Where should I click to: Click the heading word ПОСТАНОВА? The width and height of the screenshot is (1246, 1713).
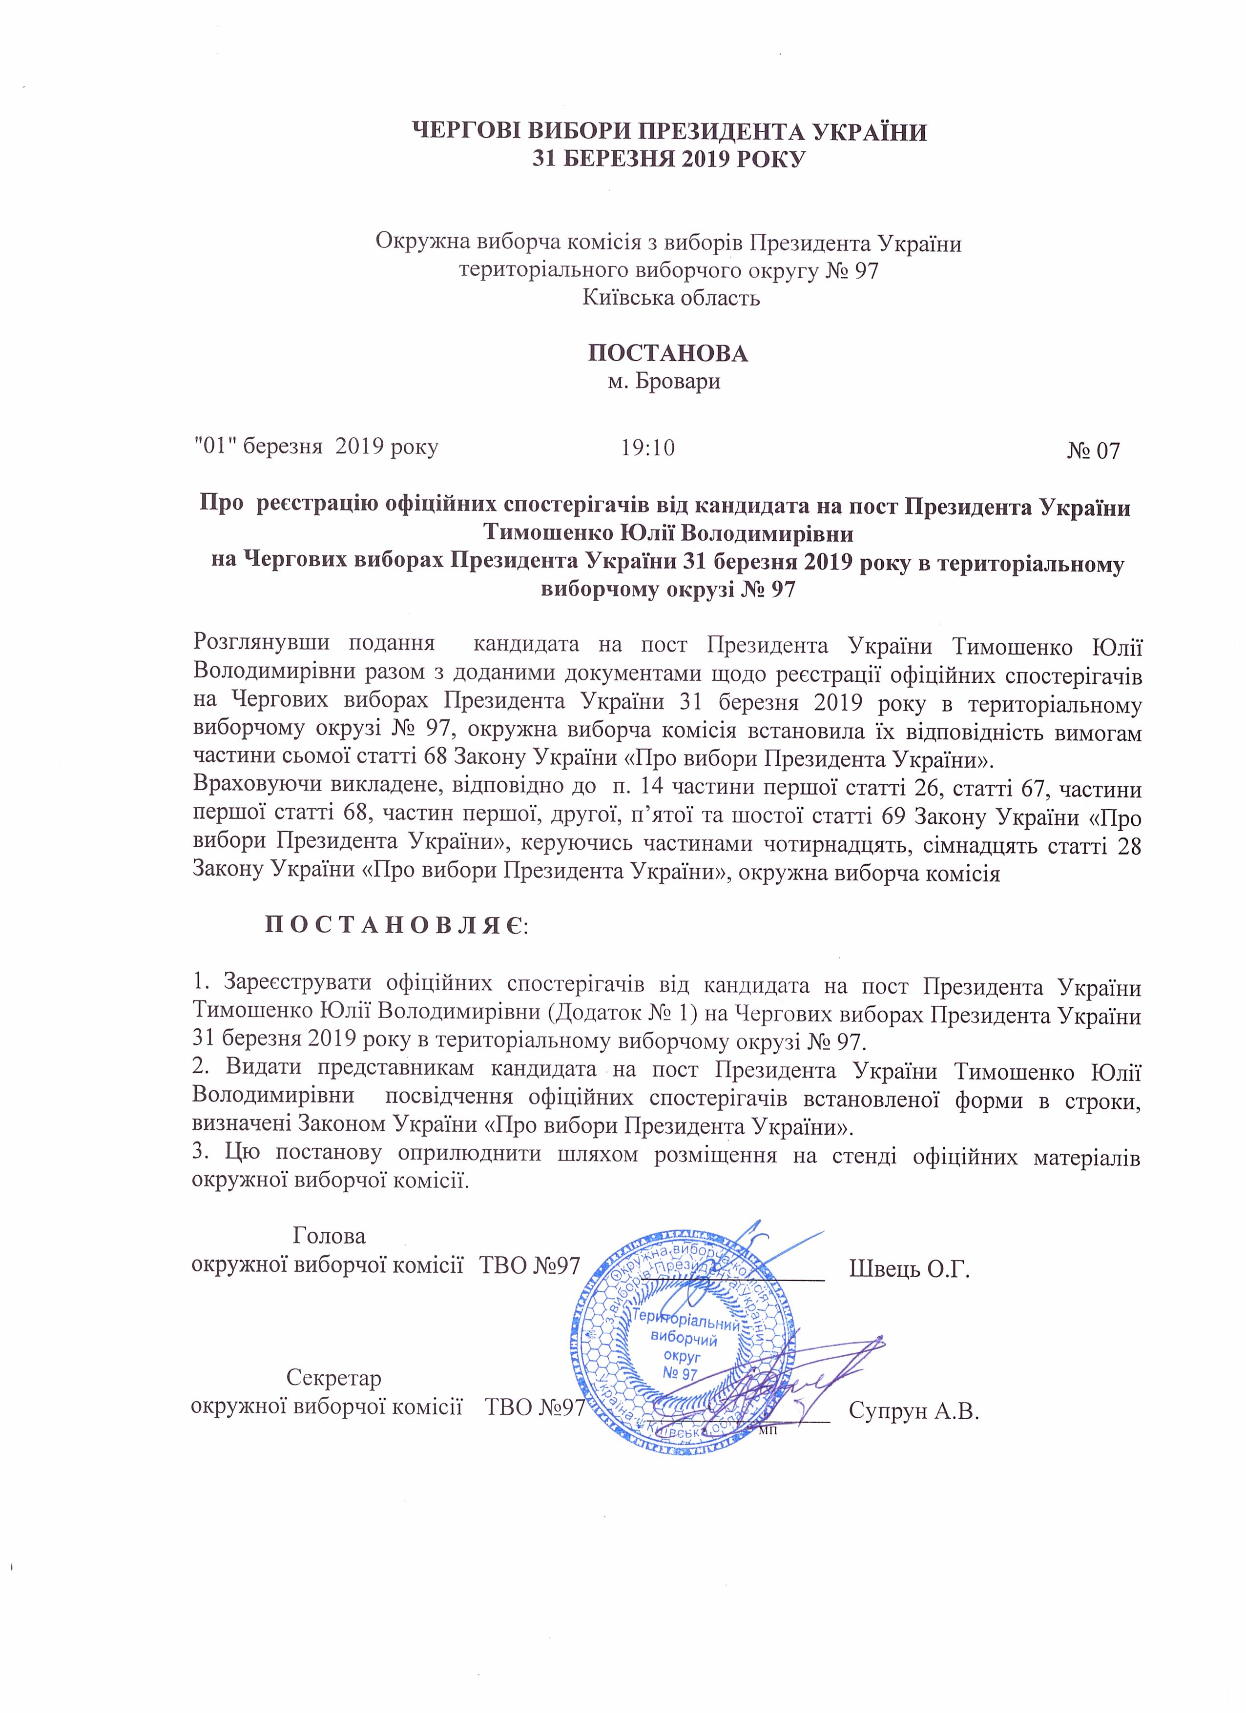click(x=667, y=353)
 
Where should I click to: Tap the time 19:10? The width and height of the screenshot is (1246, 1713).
click(x=647, y=448)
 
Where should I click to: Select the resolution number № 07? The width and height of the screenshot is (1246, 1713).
click(x=1093, y=451)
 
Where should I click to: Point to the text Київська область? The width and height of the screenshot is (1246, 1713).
click(x=671, y=298)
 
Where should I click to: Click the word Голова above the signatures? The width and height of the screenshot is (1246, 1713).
click(x=329, y=1236)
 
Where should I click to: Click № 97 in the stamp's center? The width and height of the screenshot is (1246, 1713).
click(x=679, y=1374)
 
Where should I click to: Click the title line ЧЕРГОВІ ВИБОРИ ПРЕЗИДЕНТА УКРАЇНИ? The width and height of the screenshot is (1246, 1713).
click(x=668, y=132)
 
